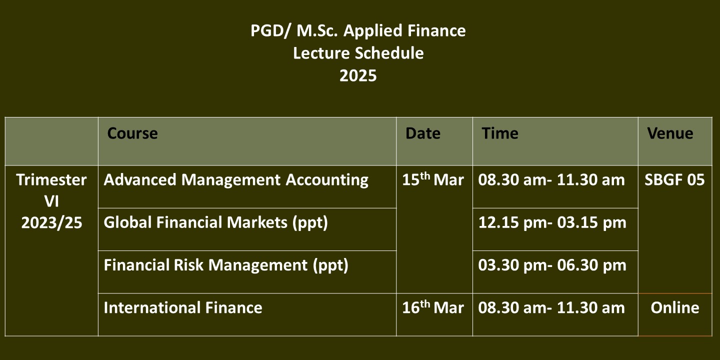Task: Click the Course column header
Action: [x=132, y=133]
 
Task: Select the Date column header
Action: [x=423, y=133]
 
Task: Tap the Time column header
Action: [x=500, y=133]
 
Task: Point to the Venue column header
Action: [x=670, y=133]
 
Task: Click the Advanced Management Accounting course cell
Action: [x=236, y=180]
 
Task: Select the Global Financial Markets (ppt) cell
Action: [x=215, y=223]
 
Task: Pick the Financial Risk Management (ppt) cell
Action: [x=226, y=265]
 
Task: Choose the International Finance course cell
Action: [x=183, y=307]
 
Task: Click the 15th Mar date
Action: [x=433, y=179]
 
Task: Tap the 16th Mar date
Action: [x=433, y=307]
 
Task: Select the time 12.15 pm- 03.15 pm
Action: [x=552, y=223]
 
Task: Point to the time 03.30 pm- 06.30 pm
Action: [x=552, y=265]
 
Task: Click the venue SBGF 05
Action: [x=674, y=179]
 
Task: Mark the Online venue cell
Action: [x=675, y=307]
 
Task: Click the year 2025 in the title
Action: [x=358, y=76]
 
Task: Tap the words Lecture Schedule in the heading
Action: [x=358, y=53]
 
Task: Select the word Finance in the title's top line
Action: [x=436, y=31]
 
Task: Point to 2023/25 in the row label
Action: [x=51, y=223]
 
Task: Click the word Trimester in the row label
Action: [x=51, y=179]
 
